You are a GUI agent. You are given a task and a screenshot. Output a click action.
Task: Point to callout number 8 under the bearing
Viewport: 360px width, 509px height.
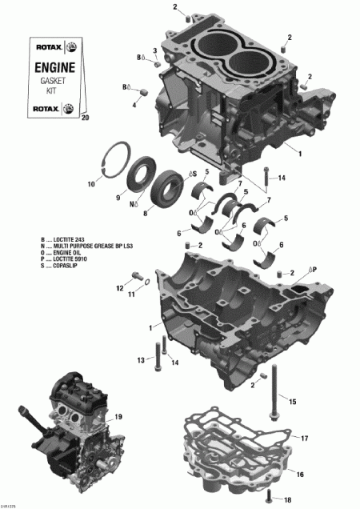click(146, 214)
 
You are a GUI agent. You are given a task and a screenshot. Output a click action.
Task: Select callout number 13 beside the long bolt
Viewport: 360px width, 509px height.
click(141, 361)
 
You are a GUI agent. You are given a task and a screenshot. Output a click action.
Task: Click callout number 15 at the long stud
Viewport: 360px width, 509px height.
click(292, 400)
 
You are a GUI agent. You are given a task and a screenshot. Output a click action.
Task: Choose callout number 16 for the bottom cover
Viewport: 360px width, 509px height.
click(300, 475)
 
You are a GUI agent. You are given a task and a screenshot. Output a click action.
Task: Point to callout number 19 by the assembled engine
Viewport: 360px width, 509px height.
click(118, 417)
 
